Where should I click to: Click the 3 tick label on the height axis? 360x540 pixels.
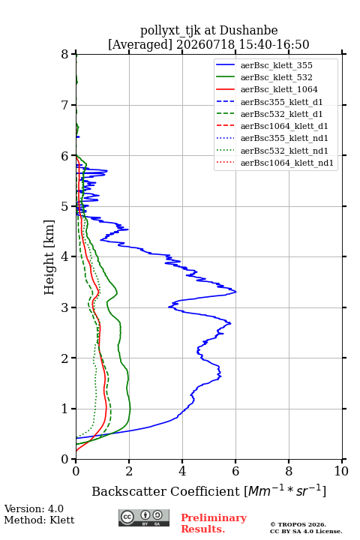[65, 307]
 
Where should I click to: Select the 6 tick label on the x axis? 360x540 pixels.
[235, 471]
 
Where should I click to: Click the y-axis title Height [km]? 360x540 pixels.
[49, 257]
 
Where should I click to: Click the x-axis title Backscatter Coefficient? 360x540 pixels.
[166, 491]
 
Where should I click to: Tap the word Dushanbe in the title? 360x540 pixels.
[248, 31]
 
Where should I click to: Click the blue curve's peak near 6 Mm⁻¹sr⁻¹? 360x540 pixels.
[236, 292]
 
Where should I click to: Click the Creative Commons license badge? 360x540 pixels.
[144, 518]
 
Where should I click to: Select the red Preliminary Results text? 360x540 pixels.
[214, 523]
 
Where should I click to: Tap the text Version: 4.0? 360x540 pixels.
[34, 509]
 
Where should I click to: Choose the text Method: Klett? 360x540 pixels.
[39, 520]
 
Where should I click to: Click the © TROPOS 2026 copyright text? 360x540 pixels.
[298, 524]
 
